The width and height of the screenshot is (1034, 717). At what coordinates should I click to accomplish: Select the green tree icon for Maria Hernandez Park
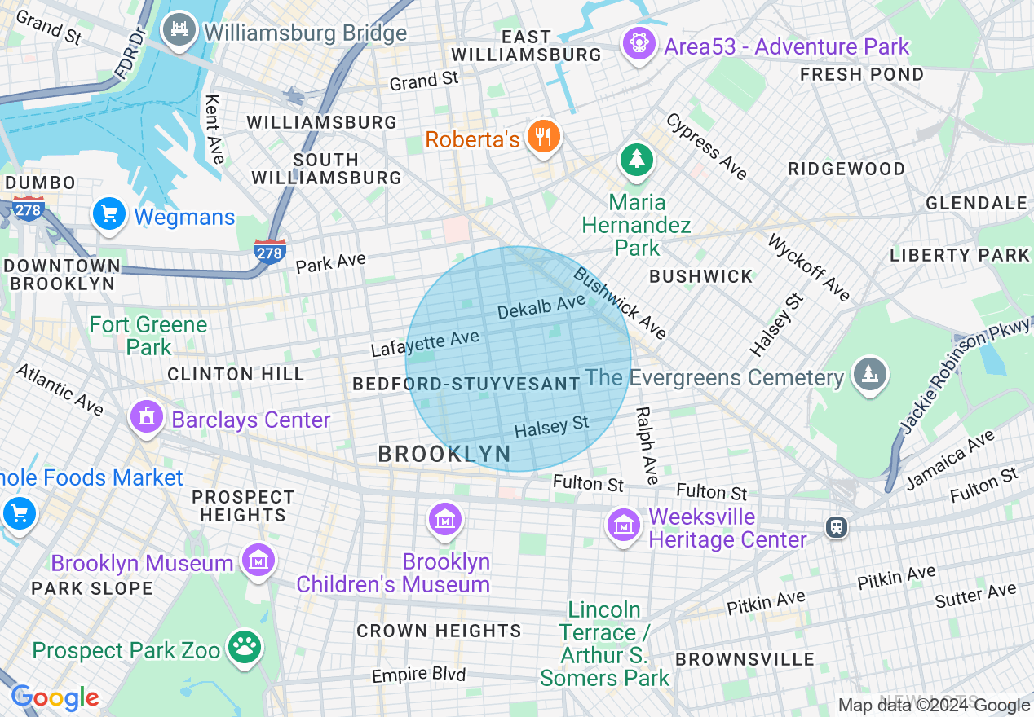click(636, 159)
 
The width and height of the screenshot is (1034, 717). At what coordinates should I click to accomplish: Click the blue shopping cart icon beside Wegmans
click(108, 215)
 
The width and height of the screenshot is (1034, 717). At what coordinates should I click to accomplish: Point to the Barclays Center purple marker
click(147, 418)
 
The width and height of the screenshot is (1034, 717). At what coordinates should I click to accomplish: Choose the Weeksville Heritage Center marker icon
click(624, 526)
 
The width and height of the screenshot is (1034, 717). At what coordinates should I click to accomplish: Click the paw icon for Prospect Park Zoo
click(244, 648)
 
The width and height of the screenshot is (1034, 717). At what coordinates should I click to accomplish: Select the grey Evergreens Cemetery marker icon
click(869, 375)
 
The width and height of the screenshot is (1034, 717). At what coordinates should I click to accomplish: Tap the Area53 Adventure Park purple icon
click(639, 44)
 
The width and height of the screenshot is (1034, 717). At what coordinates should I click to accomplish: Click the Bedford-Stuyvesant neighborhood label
click(466, 384)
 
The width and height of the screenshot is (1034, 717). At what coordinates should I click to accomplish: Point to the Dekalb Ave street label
click(541, 307)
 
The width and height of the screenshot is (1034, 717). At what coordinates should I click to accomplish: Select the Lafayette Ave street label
click(425, 343)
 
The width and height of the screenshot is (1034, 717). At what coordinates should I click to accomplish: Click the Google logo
click(55, 698)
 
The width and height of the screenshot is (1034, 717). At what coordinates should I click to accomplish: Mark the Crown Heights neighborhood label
click(439, 631)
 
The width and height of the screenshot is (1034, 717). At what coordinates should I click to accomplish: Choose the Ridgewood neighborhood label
click(846, 169)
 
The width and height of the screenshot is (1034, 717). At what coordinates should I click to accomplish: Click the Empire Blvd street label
click(418, 675)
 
